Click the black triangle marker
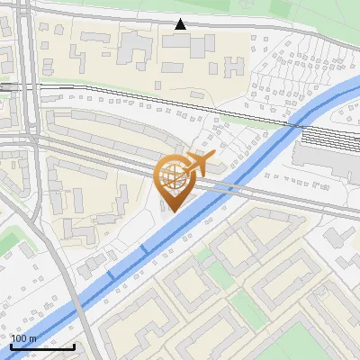(x=181, y=24)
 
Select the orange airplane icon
(x=198, y=165)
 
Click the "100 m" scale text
(x=24, y=338)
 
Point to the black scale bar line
(x=42, y=346)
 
